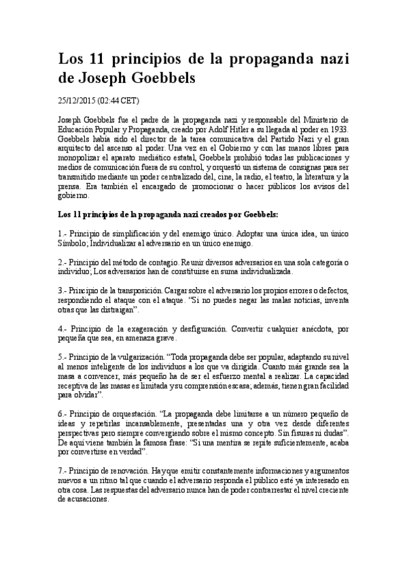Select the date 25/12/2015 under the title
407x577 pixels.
[77, 100]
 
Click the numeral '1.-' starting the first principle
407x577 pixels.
[63, 233]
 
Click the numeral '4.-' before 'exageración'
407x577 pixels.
[63, 328]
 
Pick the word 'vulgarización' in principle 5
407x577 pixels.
[134, 357]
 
